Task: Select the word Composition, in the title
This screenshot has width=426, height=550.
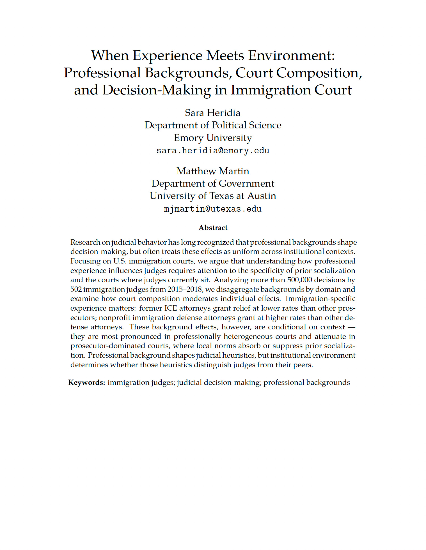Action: pyautogui.click(x=319, y=73)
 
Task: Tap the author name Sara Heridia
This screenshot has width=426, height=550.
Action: pyautogui.click(x=213, y=113)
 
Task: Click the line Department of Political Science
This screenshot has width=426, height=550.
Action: pyautogui.click(x=213, y=125)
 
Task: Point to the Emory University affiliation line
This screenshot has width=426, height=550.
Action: pyautogui.click(x=213, y=138)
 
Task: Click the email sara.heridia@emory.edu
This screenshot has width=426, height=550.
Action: pyautogui.click(x=213, y=151)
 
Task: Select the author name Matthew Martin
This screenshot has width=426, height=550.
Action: pyautogui.click(x=213, y=171)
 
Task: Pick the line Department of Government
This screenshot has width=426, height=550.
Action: pyautogui.click(x=213, y=183)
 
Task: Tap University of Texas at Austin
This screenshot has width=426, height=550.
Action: pyautogui.click(x=213, y=196)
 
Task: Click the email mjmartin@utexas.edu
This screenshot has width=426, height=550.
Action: pyautogui.click(x=213, y=209)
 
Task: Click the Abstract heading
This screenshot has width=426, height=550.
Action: pyautogui.click(x=213, y=228)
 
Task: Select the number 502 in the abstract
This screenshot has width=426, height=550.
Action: pyautogui.click(x=76, y=289)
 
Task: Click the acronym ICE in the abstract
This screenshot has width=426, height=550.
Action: pyautogui.click(x=171, y=308)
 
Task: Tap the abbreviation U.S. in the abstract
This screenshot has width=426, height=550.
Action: pyautogui.click(x=120, y=261)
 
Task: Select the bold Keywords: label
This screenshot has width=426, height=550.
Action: pyautogui.click(x=87, y=382)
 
